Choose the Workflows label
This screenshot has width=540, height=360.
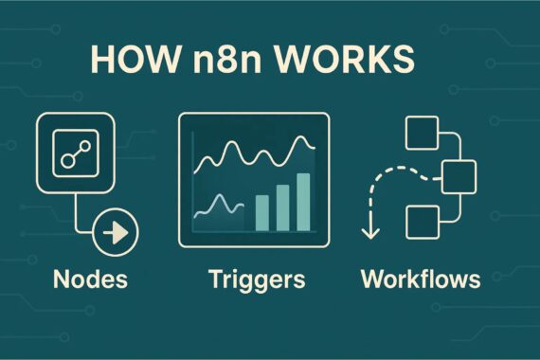(x=420, y=279)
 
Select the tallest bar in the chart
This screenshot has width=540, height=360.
(x=303, y=201)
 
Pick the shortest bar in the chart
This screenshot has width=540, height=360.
(x=261, y=213)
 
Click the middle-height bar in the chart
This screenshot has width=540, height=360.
(x=282, y=207)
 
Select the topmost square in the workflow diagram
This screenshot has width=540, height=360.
(x=418, y=134)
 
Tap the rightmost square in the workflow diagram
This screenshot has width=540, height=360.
(x=459, y=175)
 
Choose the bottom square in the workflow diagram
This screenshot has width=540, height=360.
(x=419, y=221)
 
